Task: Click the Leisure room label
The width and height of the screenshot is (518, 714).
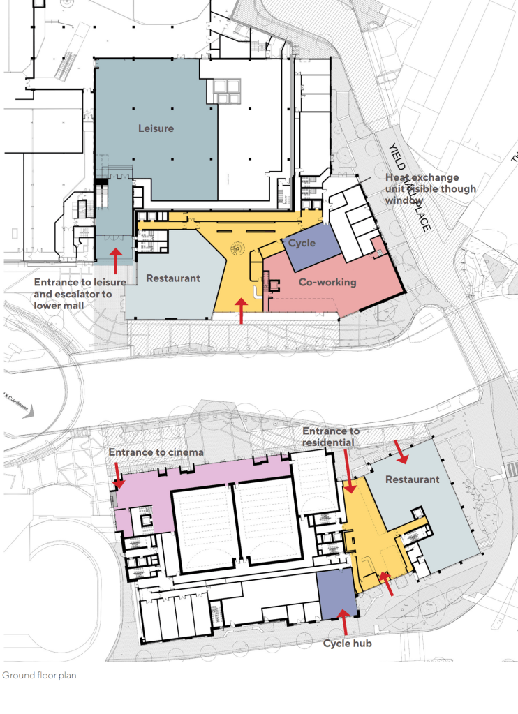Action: pyautogui.click(x=156, y=128)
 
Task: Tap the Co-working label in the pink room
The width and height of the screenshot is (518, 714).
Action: pyautogui.click(x=327, y=282)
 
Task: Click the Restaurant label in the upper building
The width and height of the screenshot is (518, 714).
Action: pyautogui.click(x=173, y=278)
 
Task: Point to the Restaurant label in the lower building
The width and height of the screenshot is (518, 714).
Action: pyautogui.click(x=413, y=479)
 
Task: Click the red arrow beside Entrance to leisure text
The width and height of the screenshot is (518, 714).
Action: pyautogui.click(x=116, y=260)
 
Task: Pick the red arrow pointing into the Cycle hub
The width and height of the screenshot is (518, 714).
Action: pyautogui.click(x=342, y=621)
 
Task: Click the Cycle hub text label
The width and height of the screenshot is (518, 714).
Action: pyautogui.click(x=347, y=643)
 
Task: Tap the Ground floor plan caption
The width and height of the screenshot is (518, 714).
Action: pyautogui.click(x=39, y=676)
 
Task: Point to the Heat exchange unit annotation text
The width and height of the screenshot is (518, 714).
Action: pyautogui.click(x=431, y=188)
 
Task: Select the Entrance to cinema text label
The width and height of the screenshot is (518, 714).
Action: pyautogui.click(x=156, y=452)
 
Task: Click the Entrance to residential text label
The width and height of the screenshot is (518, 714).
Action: pyautogui.click(x=331, y=437)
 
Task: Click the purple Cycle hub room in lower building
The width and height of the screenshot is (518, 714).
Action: pyautogui.click(x=334, y=593)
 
